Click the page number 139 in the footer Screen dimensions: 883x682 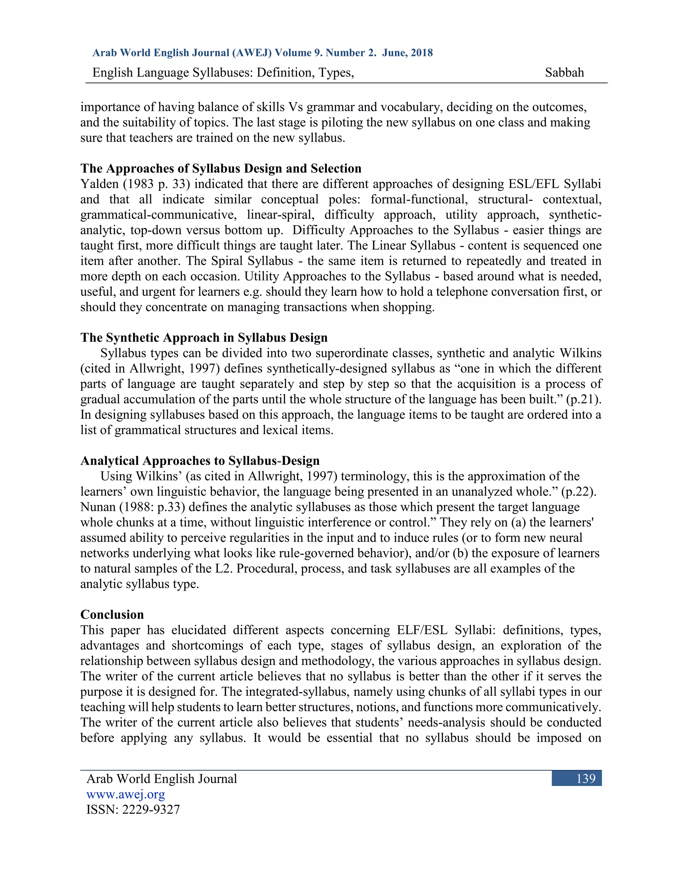click(x=585, y=779)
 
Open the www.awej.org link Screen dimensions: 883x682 click(x=126, y=794)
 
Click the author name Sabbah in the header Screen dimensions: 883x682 click(x=564, y=72)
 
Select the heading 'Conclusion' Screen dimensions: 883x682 click(x=112, y=614)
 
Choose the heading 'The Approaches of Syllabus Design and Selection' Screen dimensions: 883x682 click(x=220, y=168)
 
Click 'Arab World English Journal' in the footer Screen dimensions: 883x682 click(x=162, y=779)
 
